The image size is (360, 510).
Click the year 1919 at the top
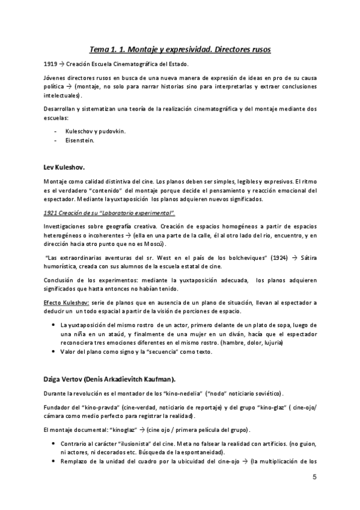coord(50,64)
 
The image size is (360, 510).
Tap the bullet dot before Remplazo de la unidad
coord(55,461)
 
